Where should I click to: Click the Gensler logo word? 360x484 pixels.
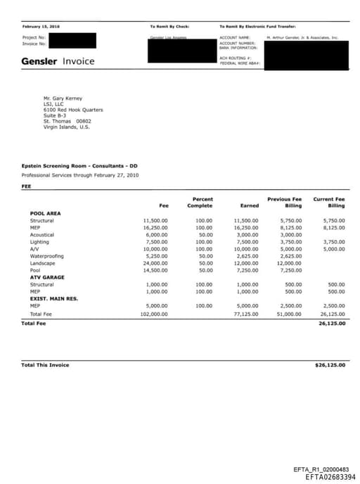click(x=39, y=61)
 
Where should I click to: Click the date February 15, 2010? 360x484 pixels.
click(x=40, y=26)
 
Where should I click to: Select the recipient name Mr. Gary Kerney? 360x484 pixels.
click(x=63, y=98)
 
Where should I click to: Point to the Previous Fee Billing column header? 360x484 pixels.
click(x=284, y=203)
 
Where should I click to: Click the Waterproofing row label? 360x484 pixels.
click(x=46, y=256)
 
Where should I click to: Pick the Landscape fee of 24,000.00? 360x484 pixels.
click(x=155, y=263)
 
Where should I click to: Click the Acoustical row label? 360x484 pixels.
click(x=42, y=235)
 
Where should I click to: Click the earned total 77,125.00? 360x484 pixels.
click(x=245, y=313)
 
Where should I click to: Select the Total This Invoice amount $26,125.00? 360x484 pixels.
click(x=330, y=365)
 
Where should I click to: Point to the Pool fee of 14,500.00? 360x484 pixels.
click(x=155, y=270)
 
